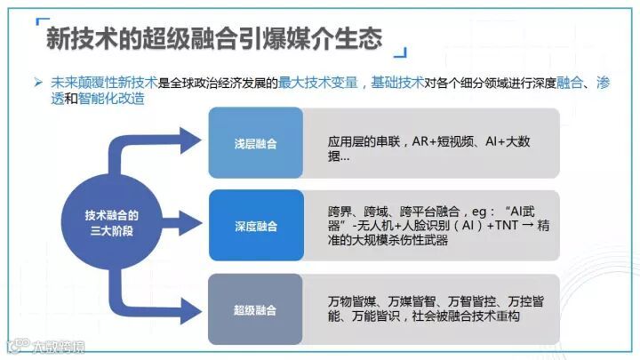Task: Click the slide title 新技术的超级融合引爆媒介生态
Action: (x=214, y=37)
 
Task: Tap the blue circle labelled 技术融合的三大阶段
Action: (x=111, y=222)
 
